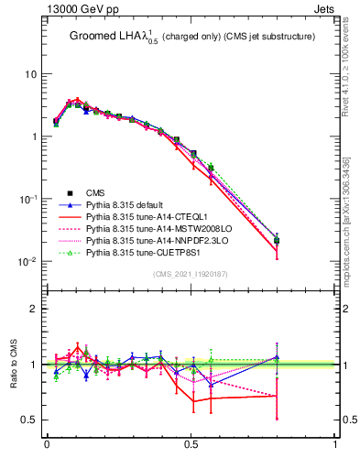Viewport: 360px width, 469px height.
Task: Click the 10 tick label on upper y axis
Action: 31,74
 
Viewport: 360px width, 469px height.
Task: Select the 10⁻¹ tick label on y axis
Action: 28,199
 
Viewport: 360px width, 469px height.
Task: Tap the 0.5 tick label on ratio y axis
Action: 29,420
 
